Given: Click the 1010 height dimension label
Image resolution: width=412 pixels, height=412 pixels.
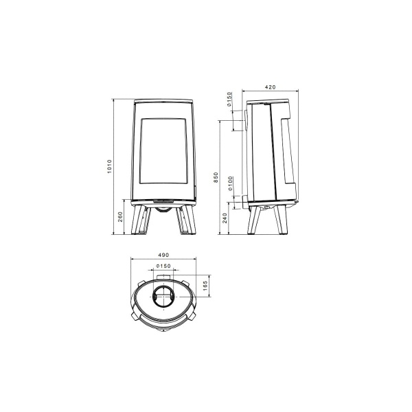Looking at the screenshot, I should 109,167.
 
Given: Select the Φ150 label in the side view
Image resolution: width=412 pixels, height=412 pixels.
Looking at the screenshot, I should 229,101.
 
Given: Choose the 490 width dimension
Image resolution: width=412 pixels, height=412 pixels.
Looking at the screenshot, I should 163,255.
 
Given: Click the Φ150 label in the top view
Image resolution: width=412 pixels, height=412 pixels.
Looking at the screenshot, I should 163,266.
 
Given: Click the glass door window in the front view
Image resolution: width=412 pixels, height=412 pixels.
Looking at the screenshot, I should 163,152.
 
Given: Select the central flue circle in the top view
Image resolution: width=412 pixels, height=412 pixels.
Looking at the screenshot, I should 163,297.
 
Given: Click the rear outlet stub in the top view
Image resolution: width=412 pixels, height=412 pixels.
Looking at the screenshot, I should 163,278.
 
